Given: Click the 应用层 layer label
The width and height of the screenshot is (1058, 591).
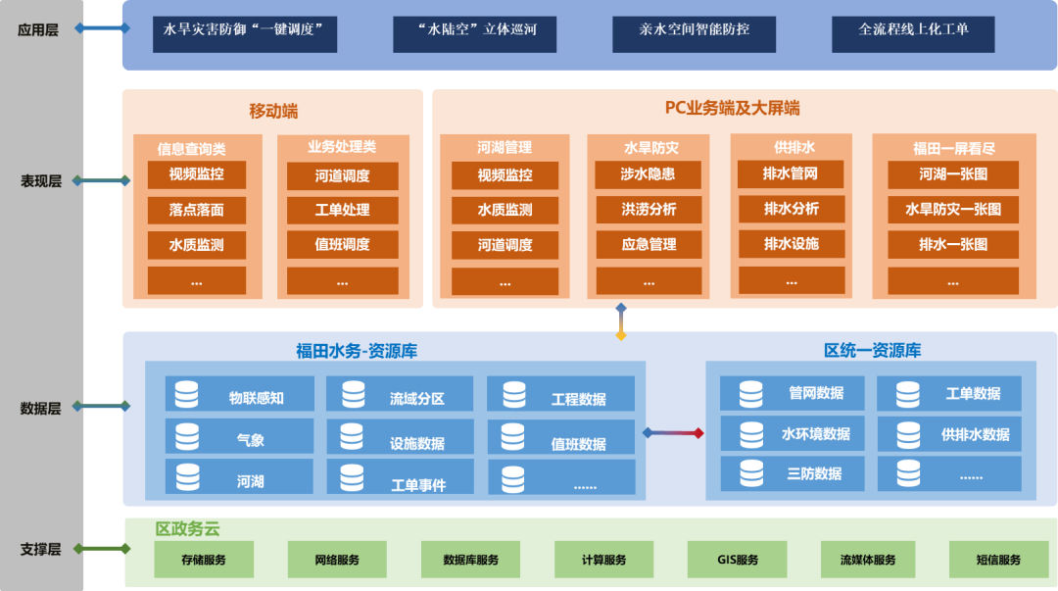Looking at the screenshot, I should (38, 29).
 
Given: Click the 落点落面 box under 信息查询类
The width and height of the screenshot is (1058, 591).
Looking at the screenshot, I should (196, 210).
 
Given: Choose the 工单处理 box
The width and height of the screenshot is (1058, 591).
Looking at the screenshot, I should (342, 210).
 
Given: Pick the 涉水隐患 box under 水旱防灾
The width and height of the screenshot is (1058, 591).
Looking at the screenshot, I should (649, 175).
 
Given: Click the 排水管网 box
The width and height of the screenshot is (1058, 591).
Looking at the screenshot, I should (791, 175).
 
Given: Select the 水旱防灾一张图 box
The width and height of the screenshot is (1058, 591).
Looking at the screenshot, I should (952, 210).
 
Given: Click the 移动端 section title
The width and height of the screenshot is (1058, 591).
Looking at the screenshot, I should (273, 111).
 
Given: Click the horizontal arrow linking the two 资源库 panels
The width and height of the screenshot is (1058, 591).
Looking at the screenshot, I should (673, 432).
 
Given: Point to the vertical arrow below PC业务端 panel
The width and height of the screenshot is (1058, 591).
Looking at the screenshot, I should (620, 321).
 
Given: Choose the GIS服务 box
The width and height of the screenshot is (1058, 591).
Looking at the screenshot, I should (737, 560).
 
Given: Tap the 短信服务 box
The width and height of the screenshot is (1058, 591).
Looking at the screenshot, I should (998, 560).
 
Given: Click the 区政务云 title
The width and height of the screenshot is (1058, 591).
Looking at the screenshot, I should (188, 529).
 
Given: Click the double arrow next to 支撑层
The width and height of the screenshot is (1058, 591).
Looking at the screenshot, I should (101, 549).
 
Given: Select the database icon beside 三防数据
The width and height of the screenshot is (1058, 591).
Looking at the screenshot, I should (751, 473).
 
